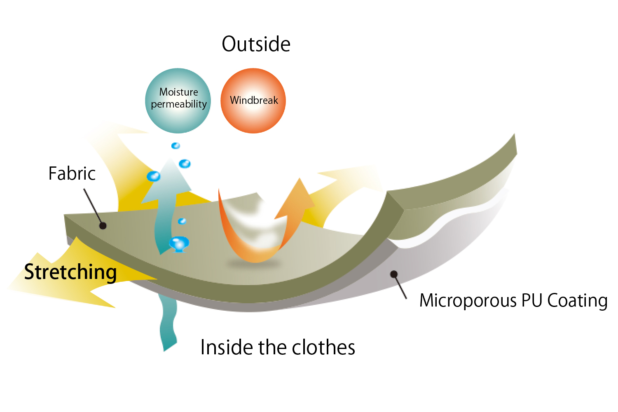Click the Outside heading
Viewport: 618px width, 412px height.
click(x=256, y=44)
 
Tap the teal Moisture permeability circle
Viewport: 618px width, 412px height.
click(x=178, y=101)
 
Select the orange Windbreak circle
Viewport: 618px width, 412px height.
click(x=253, y=101)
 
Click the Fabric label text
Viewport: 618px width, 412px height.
click(x=72, y=173)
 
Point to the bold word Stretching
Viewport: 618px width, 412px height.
click(x=70, y=272)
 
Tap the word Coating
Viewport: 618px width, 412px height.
click(x=577, y=300)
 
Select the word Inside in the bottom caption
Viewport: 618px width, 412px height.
click(x=226, y=347)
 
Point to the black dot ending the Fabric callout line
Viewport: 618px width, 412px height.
click(x=103, y=226)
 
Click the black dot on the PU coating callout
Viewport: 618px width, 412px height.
click(x=394, y=274)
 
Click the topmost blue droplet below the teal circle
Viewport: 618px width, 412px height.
click(x=176, y=146)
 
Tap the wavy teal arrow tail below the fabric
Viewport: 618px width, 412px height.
click(x=168, y=323)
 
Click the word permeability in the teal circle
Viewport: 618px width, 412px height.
click(x=179, y=104)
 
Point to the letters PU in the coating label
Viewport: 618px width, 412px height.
click(x=532, y=300)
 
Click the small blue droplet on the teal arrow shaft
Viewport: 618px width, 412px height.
click(x=182, y=221)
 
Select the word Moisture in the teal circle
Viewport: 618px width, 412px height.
click(x=178, y=92)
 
